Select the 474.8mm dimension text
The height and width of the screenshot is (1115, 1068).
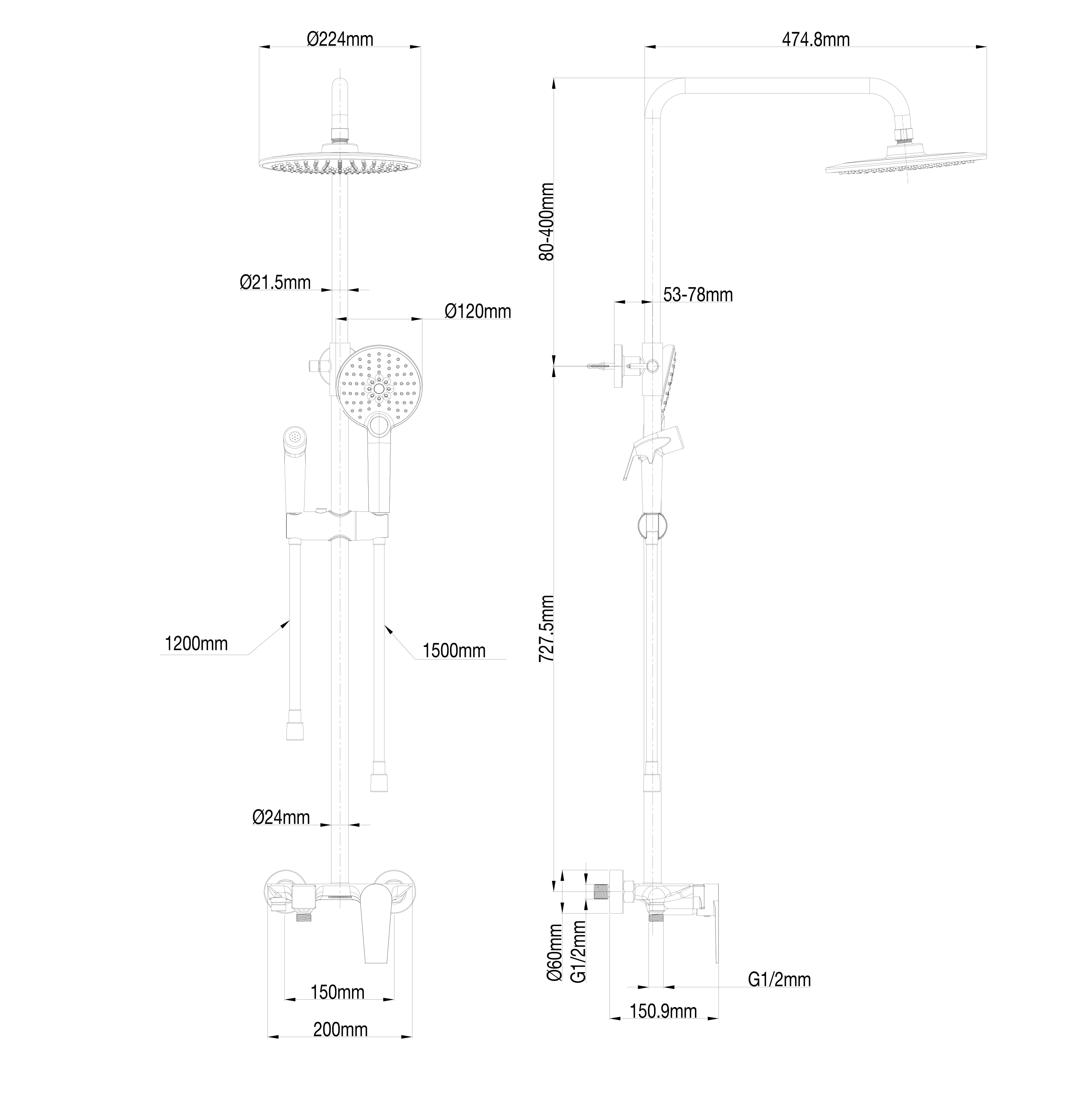[815, 39]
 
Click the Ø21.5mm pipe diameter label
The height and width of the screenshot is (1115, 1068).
[275, 282]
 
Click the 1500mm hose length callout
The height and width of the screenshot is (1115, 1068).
[454, 650]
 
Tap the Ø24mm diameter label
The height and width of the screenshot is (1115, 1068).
[281, 817]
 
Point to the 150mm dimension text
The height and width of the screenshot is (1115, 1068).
[337, 992]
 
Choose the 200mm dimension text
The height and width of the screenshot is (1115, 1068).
[340, 1029]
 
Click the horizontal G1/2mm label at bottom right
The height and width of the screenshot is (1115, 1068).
[779, 979]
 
